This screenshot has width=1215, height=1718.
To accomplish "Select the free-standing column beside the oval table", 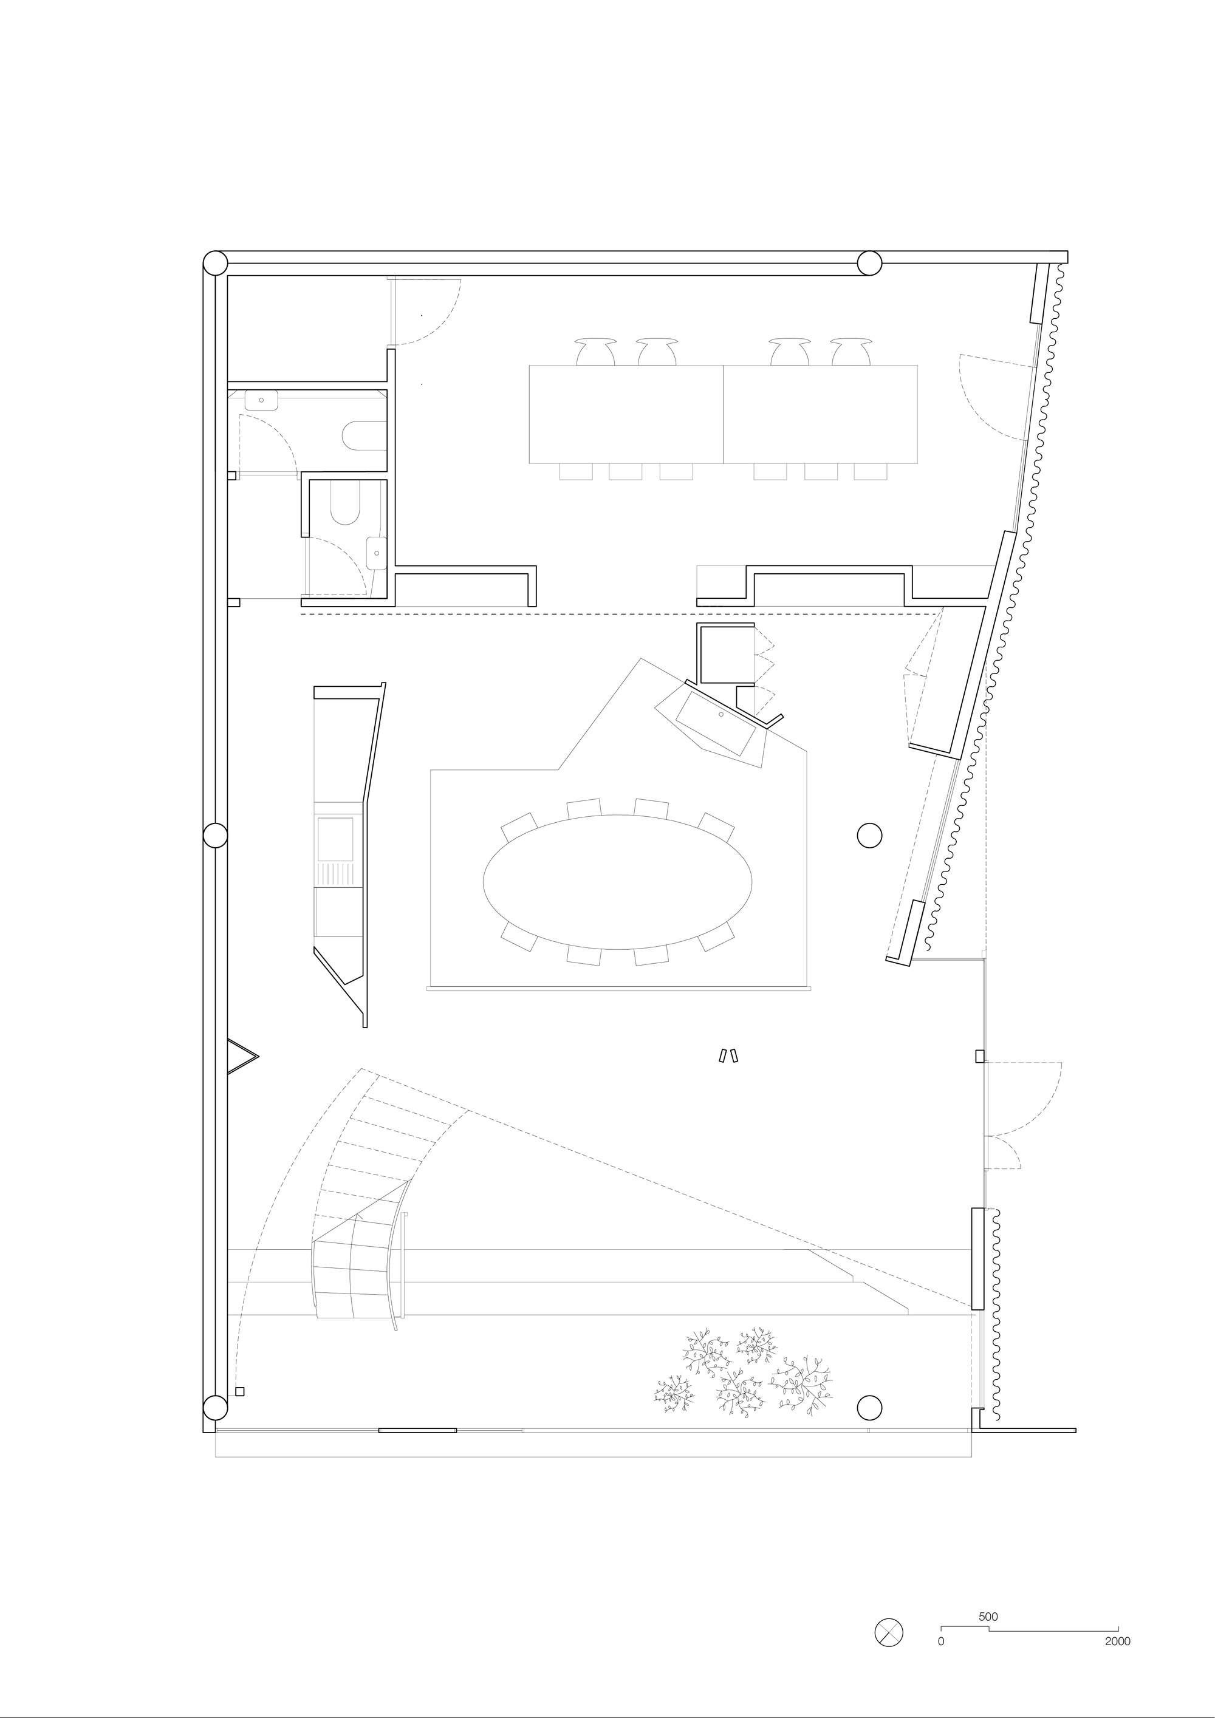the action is click(x=869, y=834).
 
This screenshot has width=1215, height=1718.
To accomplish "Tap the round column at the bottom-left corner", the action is click(x=216, y=1406).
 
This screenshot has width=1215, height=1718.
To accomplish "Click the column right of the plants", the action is click(x=869, y=1406).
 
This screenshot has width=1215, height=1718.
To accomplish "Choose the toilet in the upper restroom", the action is click(x=364, y=436).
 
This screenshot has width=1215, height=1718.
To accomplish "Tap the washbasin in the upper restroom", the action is click(x=261, y=400).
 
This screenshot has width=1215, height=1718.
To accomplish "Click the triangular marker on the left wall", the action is click(x=242, y=1057).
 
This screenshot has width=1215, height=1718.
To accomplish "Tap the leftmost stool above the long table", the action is click(x=596, y=351).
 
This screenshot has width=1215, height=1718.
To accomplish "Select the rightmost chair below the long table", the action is click(x=871, y=471).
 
